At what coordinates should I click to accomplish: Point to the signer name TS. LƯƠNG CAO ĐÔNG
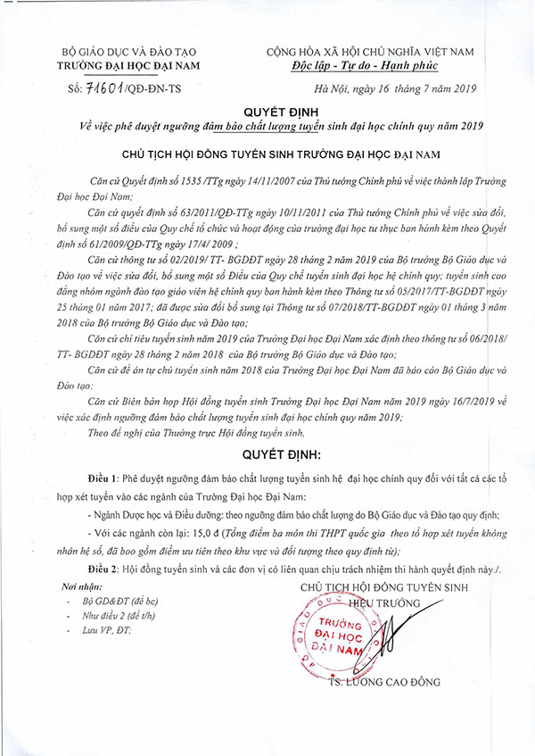pyautogui.click(x=384, y=682)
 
